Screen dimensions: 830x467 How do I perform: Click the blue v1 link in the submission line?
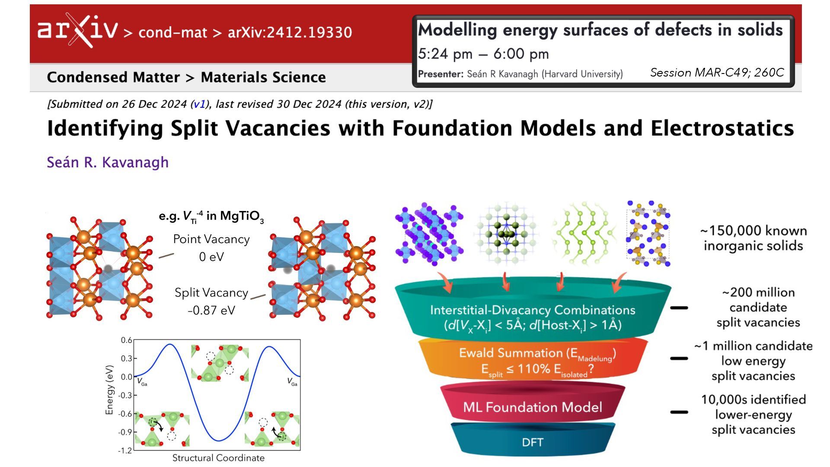click(199, 104)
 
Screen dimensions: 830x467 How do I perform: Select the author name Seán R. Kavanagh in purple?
click(108, 162)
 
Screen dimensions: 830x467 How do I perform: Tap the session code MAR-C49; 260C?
click(717, 73)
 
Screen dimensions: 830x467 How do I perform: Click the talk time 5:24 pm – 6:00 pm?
click(483, 54)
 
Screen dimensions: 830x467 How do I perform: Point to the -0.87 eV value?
click(211, 310)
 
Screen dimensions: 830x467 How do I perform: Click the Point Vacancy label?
click(211, 239)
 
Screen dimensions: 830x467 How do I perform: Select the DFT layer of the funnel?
click(532, 442)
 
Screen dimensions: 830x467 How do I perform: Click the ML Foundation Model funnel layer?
click(532, 407)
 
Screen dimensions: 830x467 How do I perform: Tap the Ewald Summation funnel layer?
click(537, 361)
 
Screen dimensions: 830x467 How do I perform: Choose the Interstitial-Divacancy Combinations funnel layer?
click(532, 317)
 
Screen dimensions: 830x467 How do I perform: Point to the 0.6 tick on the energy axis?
click(126, 340)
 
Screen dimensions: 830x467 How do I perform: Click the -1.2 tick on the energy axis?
click(125, 451)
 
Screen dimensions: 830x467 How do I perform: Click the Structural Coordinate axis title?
click(218, 458)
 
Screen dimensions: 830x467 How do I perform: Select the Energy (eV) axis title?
click(109, 390)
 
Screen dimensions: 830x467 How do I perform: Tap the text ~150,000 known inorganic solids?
click(753, 238)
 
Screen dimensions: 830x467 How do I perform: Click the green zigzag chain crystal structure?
click(584, 233)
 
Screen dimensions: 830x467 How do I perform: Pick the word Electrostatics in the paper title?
click(722, 128)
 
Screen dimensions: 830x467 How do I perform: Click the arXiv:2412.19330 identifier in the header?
click(290, 32)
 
